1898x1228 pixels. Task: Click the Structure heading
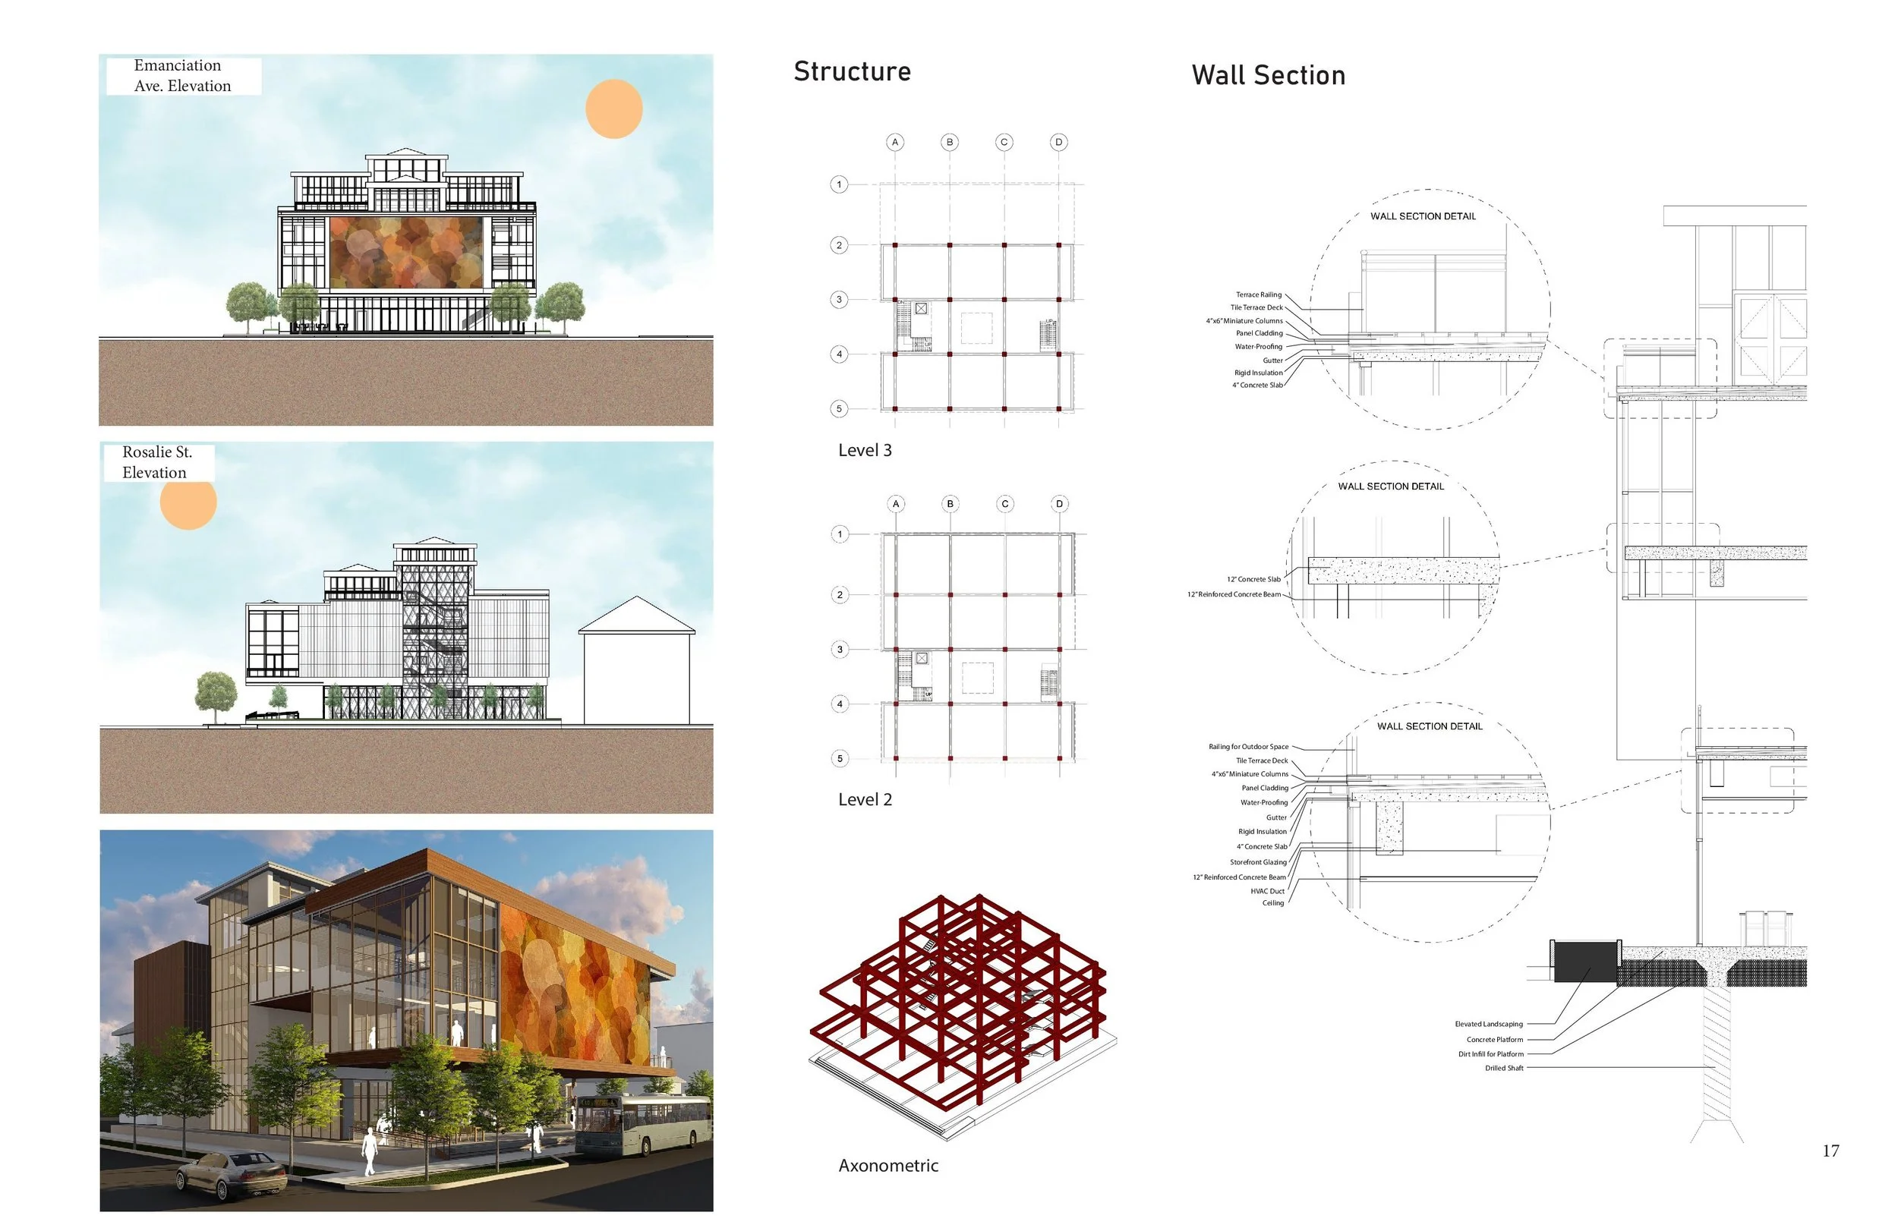click(x=852, y=72)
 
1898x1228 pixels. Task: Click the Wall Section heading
click(x=1268, y=76)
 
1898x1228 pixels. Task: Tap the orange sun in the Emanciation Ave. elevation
click(x=613, y=109)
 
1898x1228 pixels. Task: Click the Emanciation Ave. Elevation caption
click(x=183, y=76)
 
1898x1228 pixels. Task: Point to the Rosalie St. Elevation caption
click(x=157, y=462)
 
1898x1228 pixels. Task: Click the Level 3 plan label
click(x=865, y=451)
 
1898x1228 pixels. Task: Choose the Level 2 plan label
click(x=865, y=800)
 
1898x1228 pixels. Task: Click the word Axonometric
click(x=888, y=1166)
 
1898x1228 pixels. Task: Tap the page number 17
click(x=1830, y=1151)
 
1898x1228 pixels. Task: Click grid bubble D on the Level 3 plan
click(x=1058, y=143)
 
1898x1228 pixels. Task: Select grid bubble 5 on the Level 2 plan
click(x=840, y=758)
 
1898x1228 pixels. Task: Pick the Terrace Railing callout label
click(x=1259, y=295)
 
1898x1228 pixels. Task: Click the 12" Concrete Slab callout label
click(x=1253, y=580)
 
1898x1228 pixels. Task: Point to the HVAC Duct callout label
click(x=1267, y=892)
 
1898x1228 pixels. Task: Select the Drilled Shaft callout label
click(x=1503, y=1069)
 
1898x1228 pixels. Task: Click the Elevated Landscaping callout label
click(x=1488, y=1025)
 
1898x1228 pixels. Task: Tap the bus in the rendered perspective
click(x=642, y=1124)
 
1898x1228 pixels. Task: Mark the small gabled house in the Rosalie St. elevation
click(x=636, y=662)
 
